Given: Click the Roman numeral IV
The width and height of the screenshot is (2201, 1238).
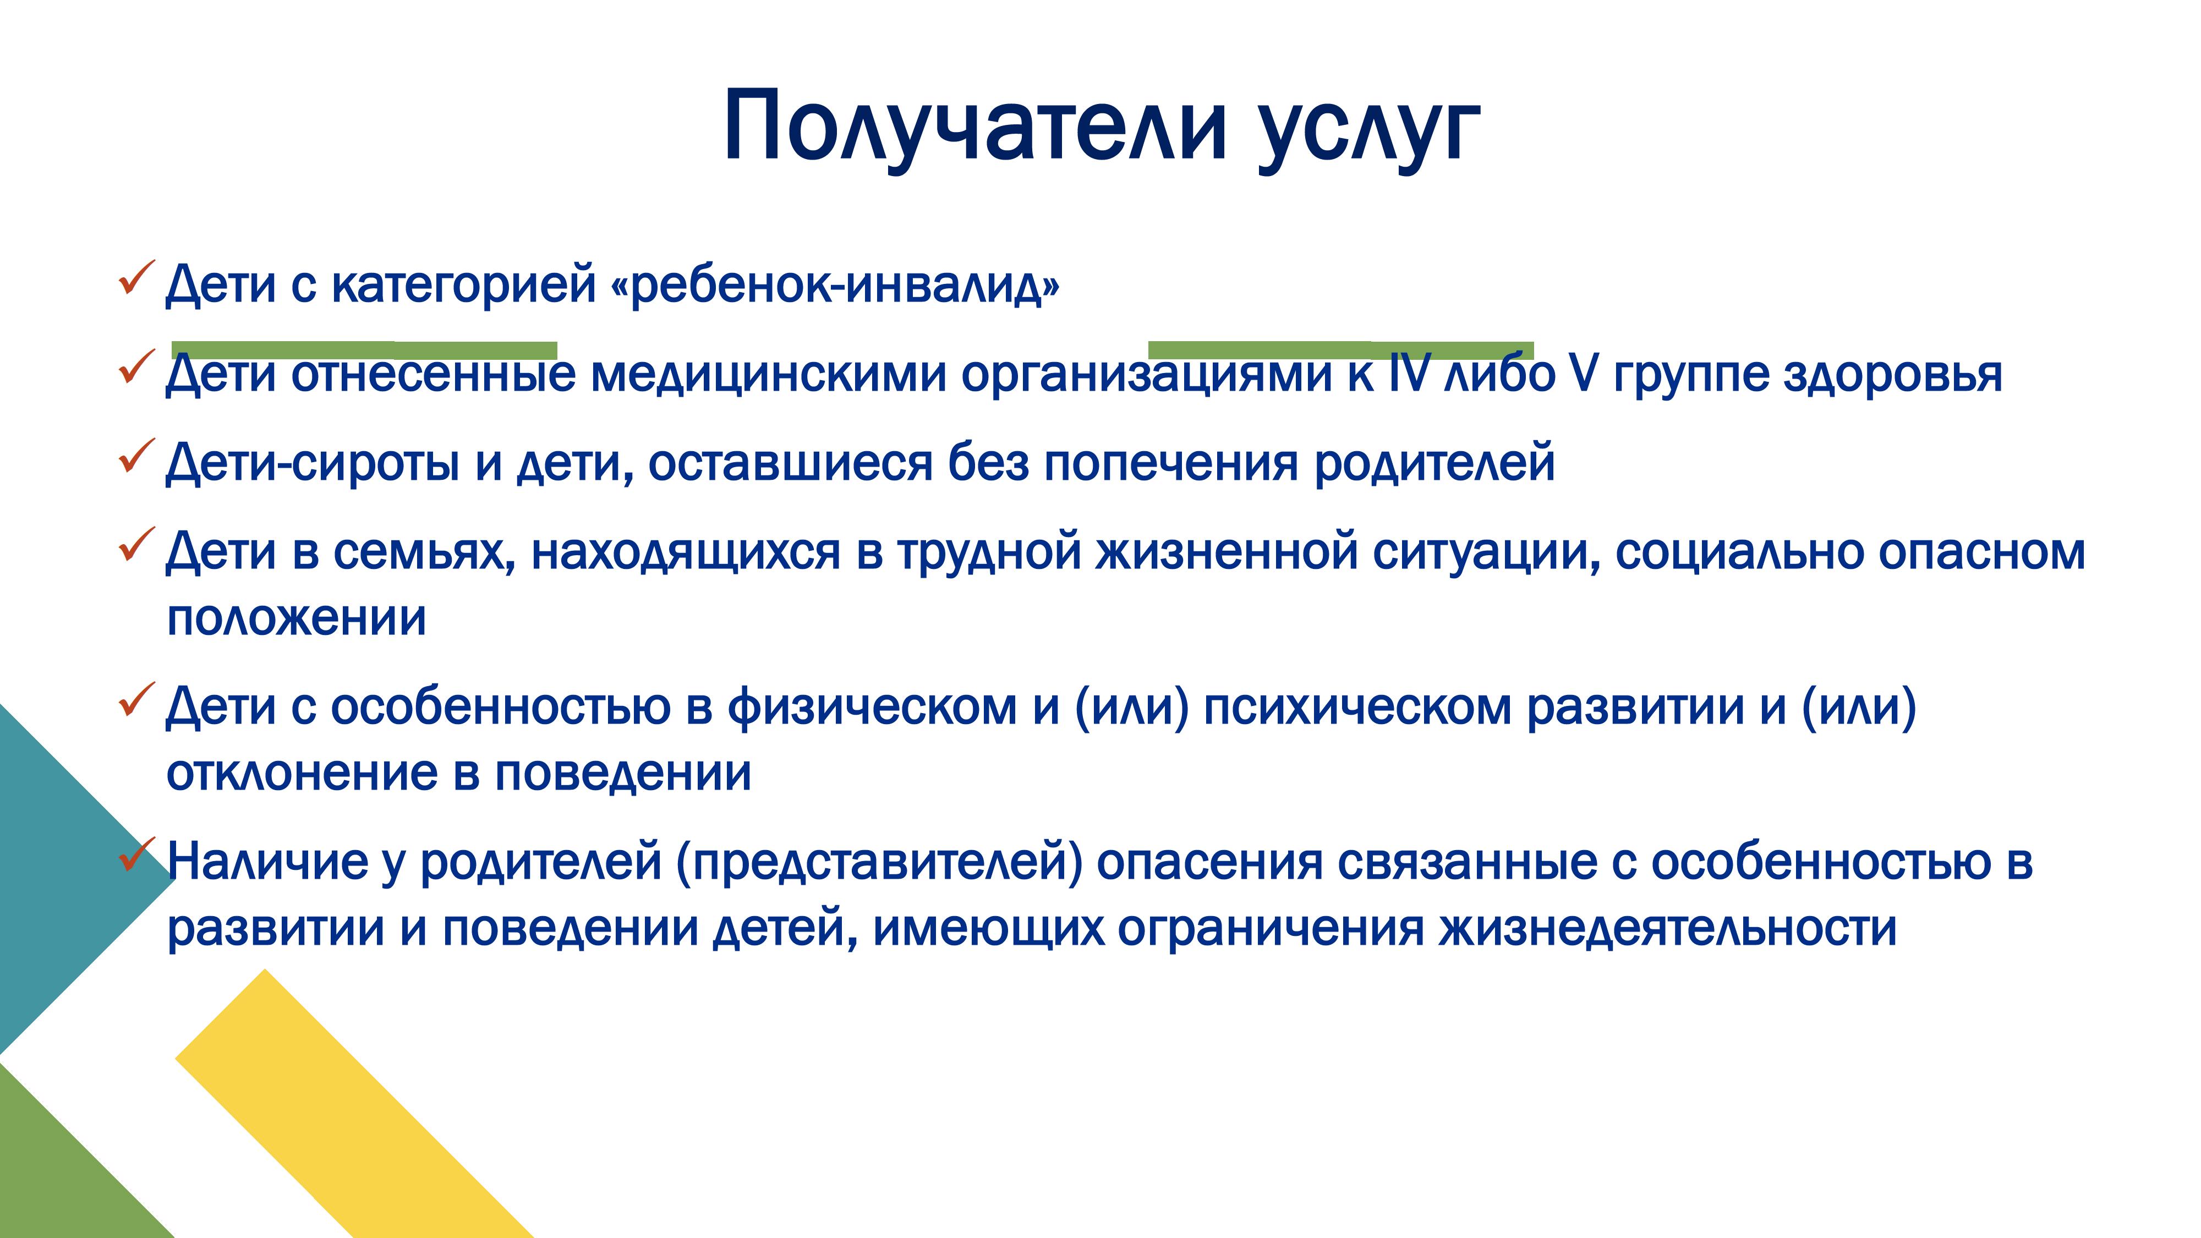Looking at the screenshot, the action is coord(1405,374).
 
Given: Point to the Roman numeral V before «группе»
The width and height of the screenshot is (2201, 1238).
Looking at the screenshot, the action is coord(1583,374).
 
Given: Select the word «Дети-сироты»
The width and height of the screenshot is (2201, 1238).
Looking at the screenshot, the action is coord(313,463).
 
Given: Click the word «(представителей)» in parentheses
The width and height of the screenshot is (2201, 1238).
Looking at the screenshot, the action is coord(879,863).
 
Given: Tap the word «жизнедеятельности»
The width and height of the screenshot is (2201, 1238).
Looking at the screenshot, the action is coord(1668,929).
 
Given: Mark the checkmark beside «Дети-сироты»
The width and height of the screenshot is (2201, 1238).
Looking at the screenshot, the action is coord(136,456).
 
